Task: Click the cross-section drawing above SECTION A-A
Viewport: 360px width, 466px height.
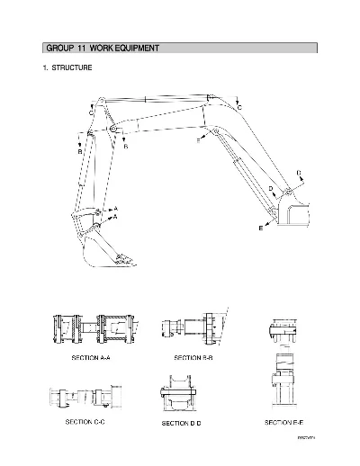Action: [x=94, y=329]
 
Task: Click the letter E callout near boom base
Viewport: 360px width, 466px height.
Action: [x=262, y=229]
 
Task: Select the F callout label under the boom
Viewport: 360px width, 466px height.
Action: [x=199, y=139]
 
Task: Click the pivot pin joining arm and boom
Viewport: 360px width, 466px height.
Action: [x=114, y=130]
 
